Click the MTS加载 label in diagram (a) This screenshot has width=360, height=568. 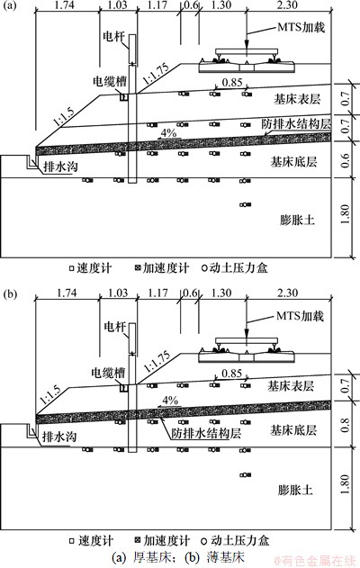coord(301,28)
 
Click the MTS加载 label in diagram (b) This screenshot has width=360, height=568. coord(300,316)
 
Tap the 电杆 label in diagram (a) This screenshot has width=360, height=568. coord(114,37)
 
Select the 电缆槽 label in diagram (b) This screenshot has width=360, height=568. coord(108,373)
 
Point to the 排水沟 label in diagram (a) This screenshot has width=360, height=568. coord(60,167)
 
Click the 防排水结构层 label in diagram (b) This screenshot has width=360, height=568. coord(206,433)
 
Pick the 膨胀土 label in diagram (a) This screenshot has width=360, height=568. coord(297,220)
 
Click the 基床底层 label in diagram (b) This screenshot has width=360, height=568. coord(293,430)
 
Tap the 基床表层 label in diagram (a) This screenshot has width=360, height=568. coord(297,99)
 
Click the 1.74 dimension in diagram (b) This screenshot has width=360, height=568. coord(67,293)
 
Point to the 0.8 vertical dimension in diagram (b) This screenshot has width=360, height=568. coord(346,425)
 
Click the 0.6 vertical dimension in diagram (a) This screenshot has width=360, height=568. coord(346,160)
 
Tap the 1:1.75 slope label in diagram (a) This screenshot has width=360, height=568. coord(156,74)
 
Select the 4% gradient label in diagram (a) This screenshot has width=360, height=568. coord(168,133)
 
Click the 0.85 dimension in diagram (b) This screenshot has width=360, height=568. coord(231,373)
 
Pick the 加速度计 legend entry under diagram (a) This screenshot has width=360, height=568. coord(162,268)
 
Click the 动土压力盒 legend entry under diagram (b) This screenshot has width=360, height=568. coord(236,541)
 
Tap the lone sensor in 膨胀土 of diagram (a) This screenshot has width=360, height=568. coord(245,204)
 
